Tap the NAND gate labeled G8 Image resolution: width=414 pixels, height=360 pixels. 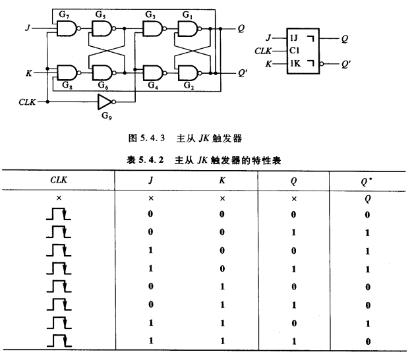[67, 72]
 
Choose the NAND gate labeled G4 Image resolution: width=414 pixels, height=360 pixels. [152, 72]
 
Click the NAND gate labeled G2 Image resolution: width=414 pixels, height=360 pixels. [189, 72]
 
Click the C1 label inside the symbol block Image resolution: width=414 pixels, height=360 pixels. [294, 51]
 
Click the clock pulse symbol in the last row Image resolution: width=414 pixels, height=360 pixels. [59, 340]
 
